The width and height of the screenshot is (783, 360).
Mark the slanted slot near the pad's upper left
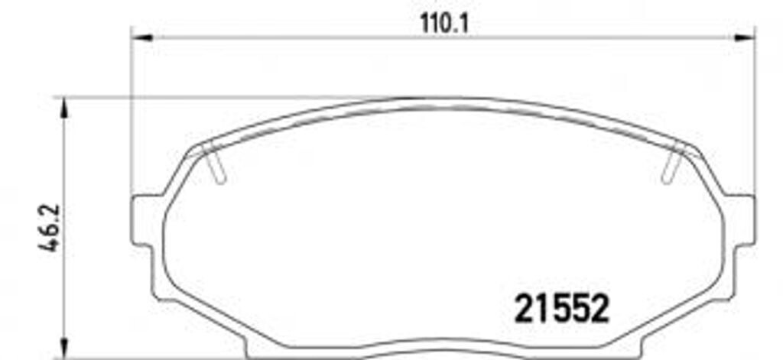click(x=216, y=164)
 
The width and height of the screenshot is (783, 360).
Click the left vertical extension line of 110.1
click(x=132, y=115)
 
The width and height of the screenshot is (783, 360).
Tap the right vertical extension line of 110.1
click(x=754, y=115)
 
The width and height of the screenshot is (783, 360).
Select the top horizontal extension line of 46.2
click(x=229, y=98)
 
